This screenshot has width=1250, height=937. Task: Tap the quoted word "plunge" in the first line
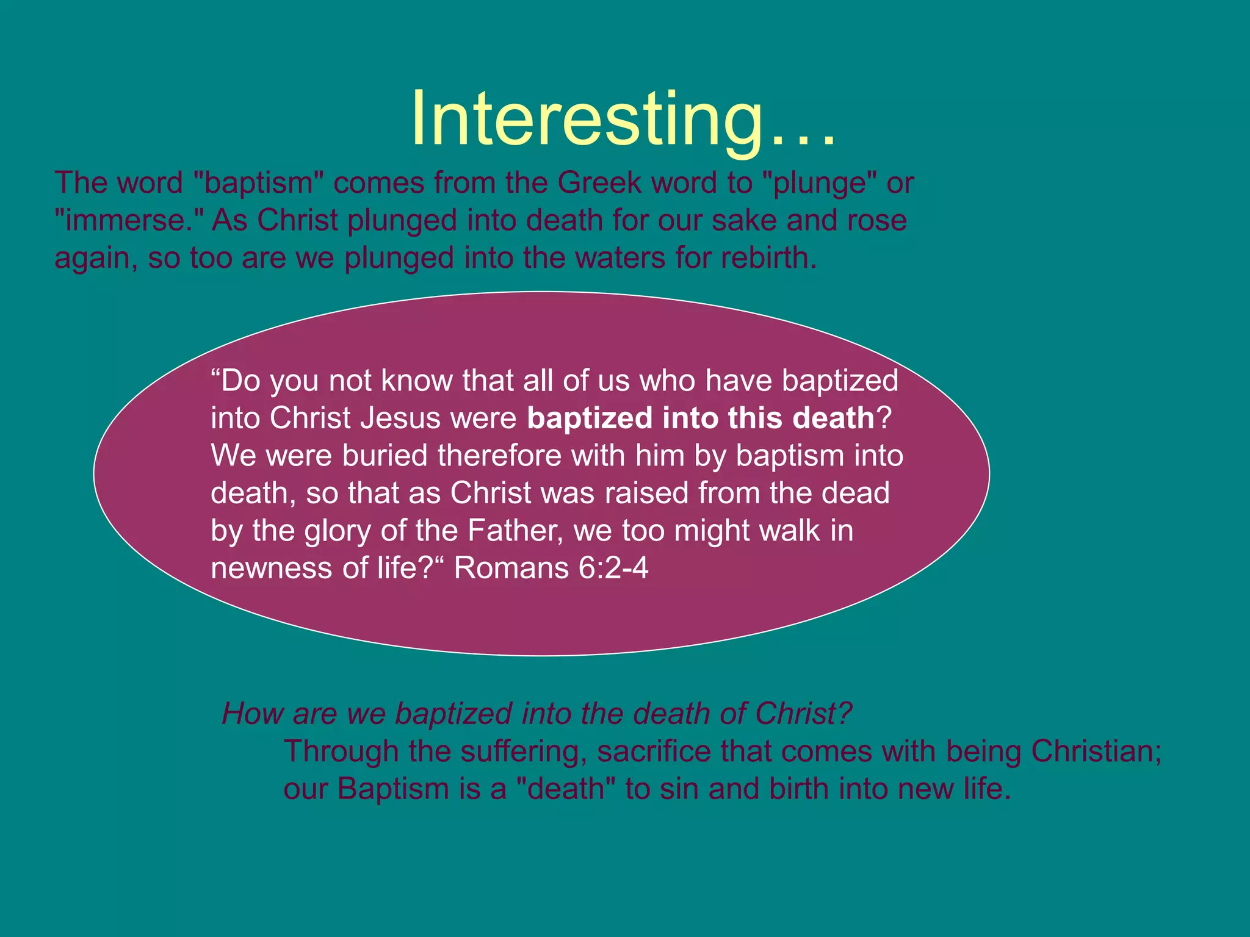coord(820,182)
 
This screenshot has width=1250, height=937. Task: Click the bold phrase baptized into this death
coord(701,418)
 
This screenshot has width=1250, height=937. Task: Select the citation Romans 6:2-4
coord(551,569)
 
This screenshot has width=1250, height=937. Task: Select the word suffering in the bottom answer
coord(524,751)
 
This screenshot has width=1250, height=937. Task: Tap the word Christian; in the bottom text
coord(1096,751)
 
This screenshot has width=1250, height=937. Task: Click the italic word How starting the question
coord(251,713)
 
